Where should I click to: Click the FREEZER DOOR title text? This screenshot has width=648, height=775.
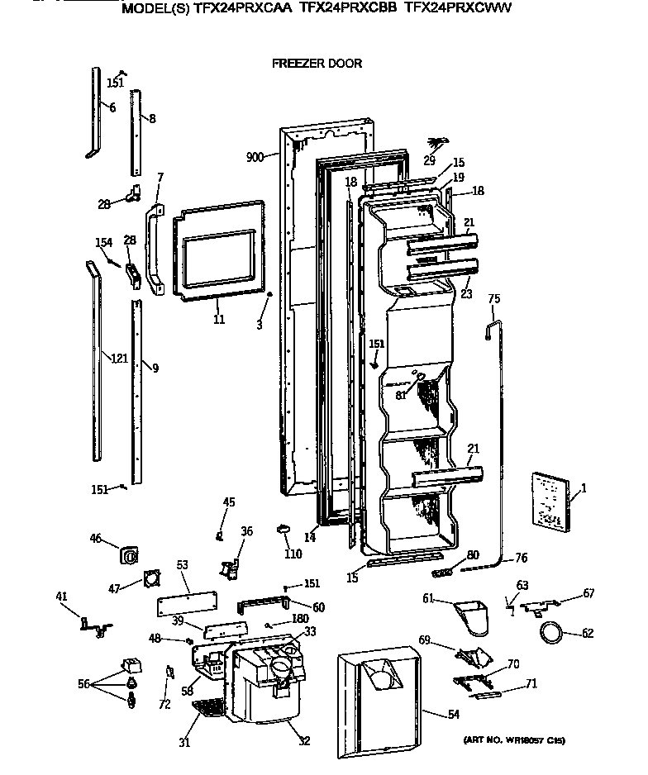(x=317, y=64)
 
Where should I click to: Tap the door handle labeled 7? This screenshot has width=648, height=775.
(x=154, y=248)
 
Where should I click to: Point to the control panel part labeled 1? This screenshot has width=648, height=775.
(x=546, y=501)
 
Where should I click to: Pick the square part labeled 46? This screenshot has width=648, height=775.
(x=129, y=555)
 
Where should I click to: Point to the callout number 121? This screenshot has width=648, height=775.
(x=120, y=358)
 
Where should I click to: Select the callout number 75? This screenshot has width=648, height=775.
(x=493, y=299)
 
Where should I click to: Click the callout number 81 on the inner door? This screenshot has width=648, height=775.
(x=400, y=395)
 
